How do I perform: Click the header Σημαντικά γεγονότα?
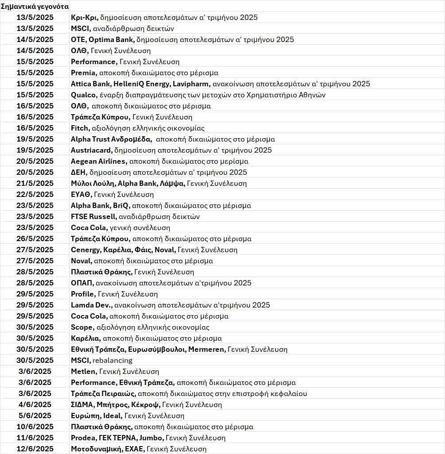[x=35, y=7]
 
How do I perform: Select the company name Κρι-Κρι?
[x=84, y=18]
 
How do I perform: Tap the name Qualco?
[x=83, y=95]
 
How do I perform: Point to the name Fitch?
[x=80, y=128]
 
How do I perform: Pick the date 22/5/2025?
[x=35, y=194]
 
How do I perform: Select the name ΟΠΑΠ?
[x=82, y=283]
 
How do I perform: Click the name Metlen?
[x=84, y=371]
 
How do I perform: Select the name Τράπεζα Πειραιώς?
[x=104, y=393]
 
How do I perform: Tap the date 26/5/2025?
[x=35, y=239]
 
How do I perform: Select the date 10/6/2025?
[x=35, y=427]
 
